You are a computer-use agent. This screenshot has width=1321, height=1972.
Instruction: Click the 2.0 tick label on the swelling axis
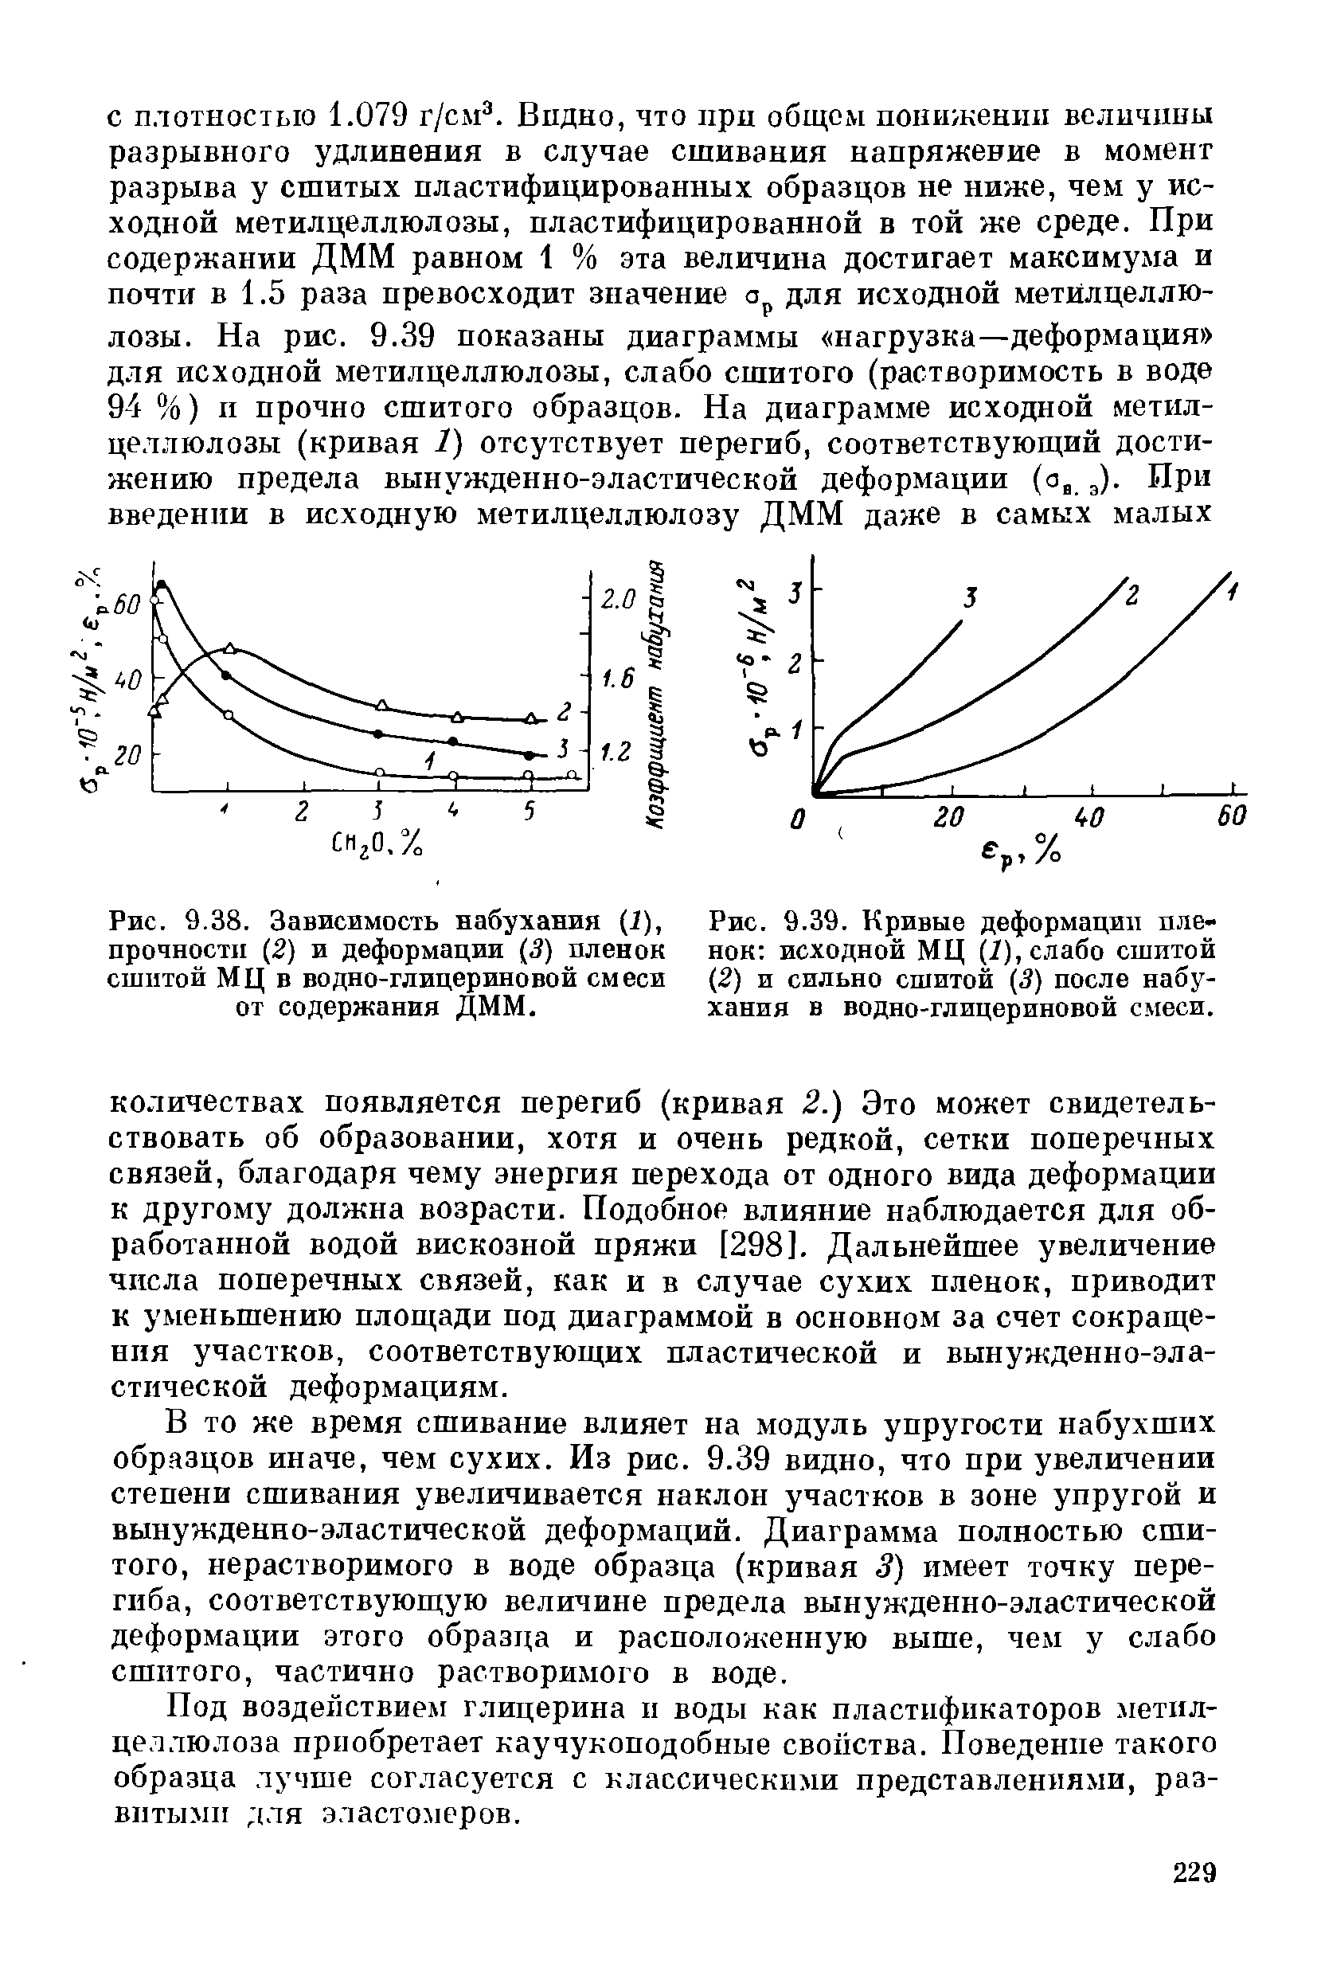[x=616, y=600]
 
